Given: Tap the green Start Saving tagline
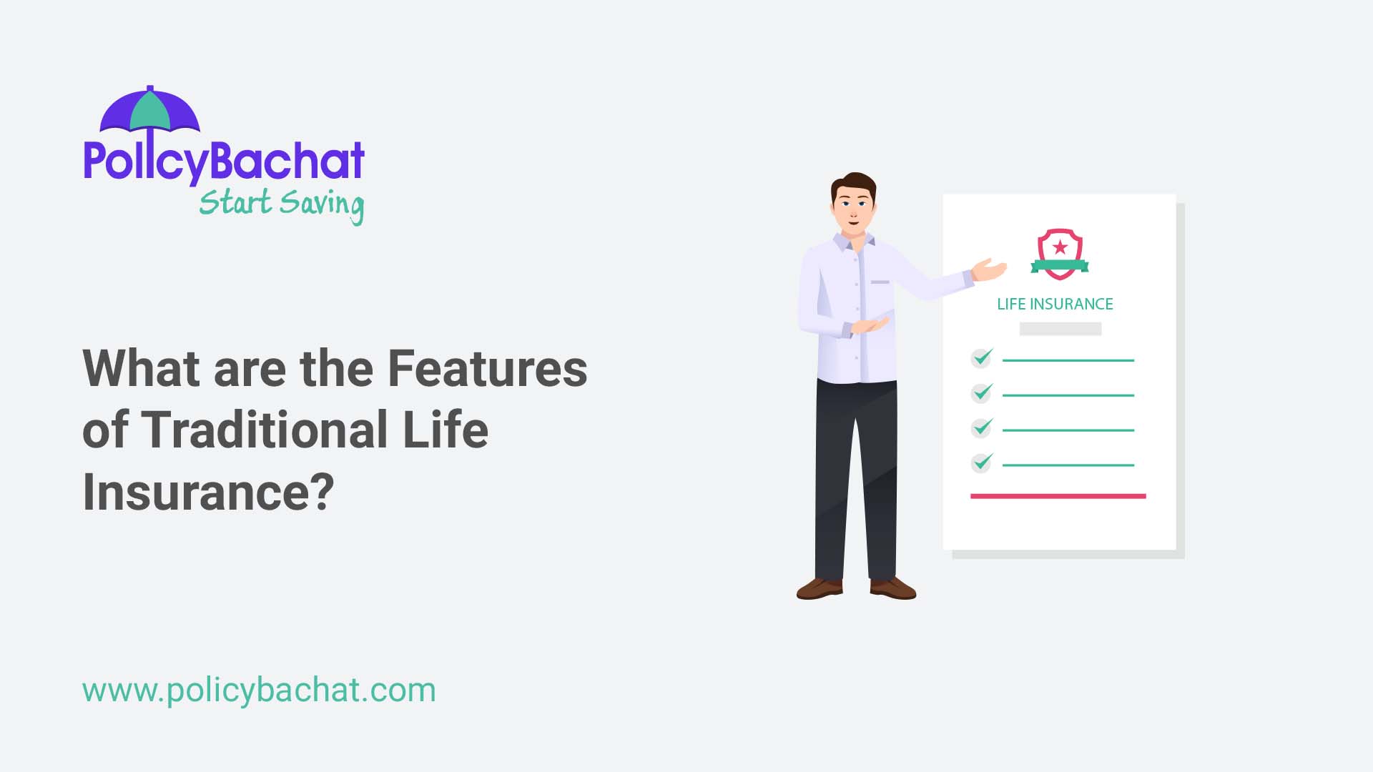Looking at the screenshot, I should (281, 204).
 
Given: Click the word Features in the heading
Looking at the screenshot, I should (487, 369).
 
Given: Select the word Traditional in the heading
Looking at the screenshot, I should (265, 430).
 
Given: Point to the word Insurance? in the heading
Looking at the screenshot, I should (208, 493).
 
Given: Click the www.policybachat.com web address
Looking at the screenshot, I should (259, 691).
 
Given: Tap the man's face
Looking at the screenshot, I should (853, 207).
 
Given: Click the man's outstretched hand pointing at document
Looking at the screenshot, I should (990, 270).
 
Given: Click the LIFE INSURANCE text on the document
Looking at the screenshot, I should (1055, 305).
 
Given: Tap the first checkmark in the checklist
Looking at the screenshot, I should (982, 357).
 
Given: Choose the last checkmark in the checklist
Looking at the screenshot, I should (982, 462).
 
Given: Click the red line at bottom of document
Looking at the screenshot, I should (1058, 496).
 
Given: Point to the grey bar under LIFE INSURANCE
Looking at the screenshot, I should (1060, 329).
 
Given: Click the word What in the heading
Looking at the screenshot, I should (141, 369).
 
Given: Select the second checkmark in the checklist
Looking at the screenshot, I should (982, 392).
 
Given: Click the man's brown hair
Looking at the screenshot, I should (855, 181).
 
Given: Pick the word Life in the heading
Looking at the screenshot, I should (445, 430).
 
